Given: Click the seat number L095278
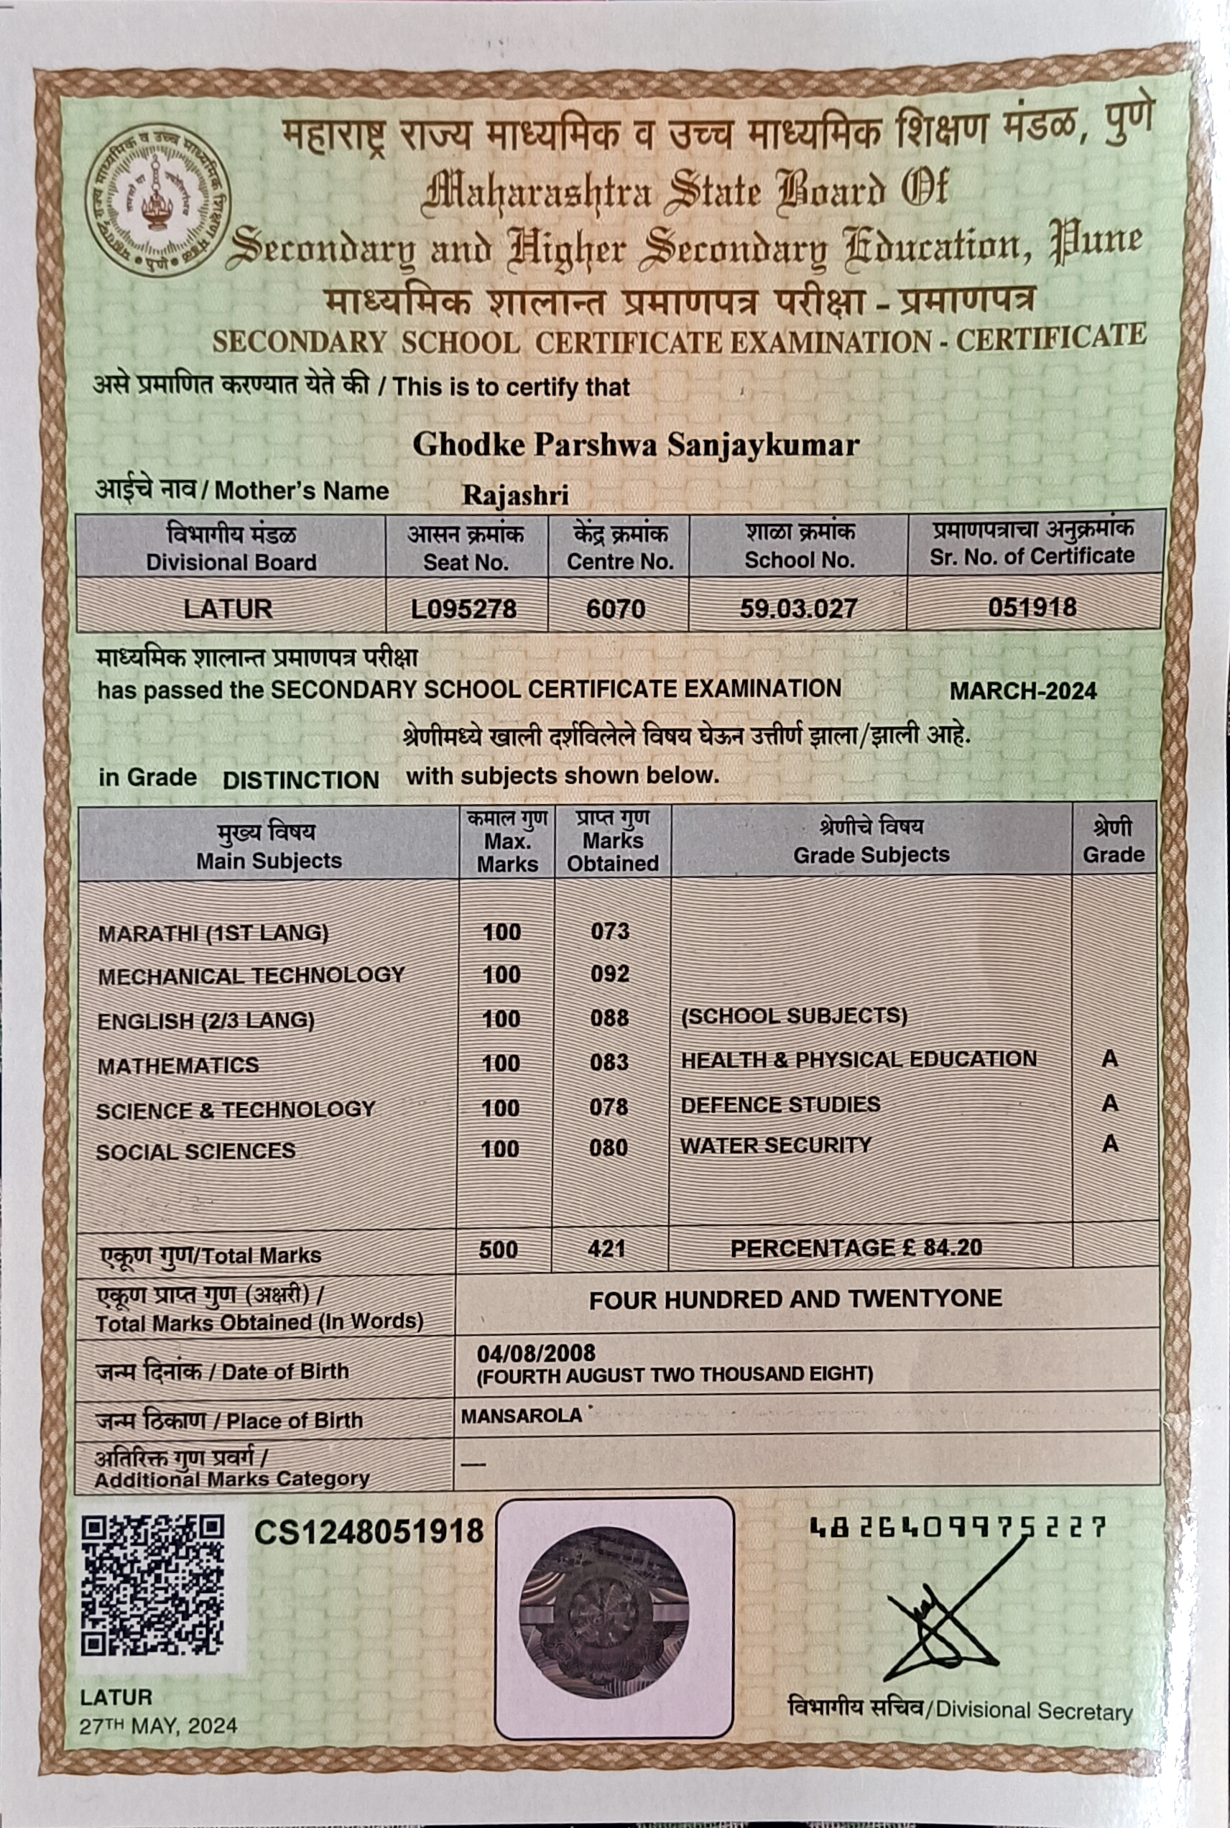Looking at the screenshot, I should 463,609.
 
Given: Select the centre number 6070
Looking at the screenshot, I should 616,609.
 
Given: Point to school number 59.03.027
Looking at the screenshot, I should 797,608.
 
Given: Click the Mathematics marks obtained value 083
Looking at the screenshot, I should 609,1062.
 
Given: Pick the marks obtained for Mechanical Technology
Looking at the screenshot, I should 610,974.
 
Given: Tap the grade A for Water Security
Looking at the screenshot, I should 1109,1144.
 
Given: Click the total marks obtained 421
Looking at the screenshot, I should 606,1248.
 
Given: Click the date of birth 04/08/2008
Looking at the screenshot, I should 536,1352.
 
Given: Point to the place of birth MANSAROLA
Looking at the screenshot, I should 522,1416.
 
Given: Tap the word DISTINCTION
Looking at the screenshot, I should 300,780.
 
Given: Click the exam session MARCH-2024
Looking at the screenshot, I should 1023,691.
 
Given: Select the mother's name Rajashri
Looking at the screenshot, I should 515,495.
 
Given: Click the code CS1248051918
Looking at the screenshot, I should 369,1531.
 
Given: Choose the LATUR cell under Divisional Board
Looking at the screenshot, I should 228,609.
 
